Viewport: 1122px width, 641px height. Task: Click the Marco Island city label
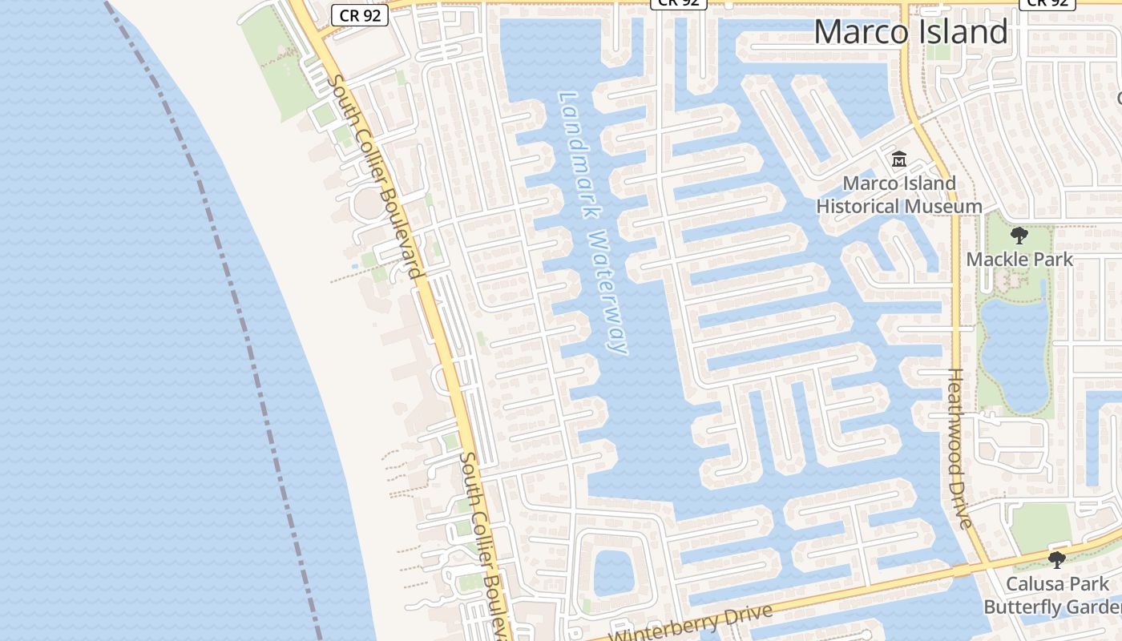pyautogui.click(x=910, y=32)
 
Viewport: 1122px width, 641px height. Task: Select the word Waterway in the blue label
pyautogui.click(x=607, y=293)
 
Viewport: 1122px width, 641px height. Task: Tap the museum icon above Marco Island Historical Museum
pyautogui.click(x=898, y=159)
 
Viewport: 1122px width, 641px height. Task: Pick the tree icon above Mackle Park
pyautogui.click(x=1019, y=236)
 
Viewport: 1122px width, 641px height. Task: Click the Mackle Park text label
pyautogui.click(x=1019, y=260)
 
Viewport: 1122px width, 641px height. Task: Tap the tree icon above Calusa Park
pyautogui.click(x=1056, y=559)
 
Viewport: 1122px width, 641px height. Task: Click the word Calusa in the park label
pyautogui.click(x=1035, y=584)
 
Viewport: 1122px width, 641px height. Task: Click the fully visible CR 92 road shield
pyautogui.click(x=360, y=14)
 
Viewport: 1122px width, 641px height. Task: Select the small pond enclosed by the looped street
pyautogui.click(x=613, y=573)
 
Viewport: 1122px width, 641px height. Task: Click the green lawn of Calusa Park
pyautogui.click(x=1040, y=526)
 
